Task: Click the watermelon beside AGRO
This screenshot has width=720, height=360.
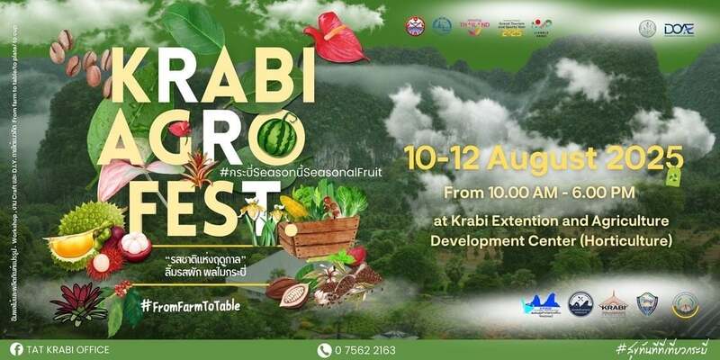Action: coord(277,137)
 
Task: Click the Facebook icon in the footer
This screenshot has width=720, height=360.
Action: coord(16,349)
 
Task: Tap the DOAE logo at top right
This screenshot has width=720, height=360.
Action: coord(678,29)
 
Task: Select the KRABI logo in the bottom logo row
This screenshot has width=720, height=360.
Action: coord(614,304)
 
